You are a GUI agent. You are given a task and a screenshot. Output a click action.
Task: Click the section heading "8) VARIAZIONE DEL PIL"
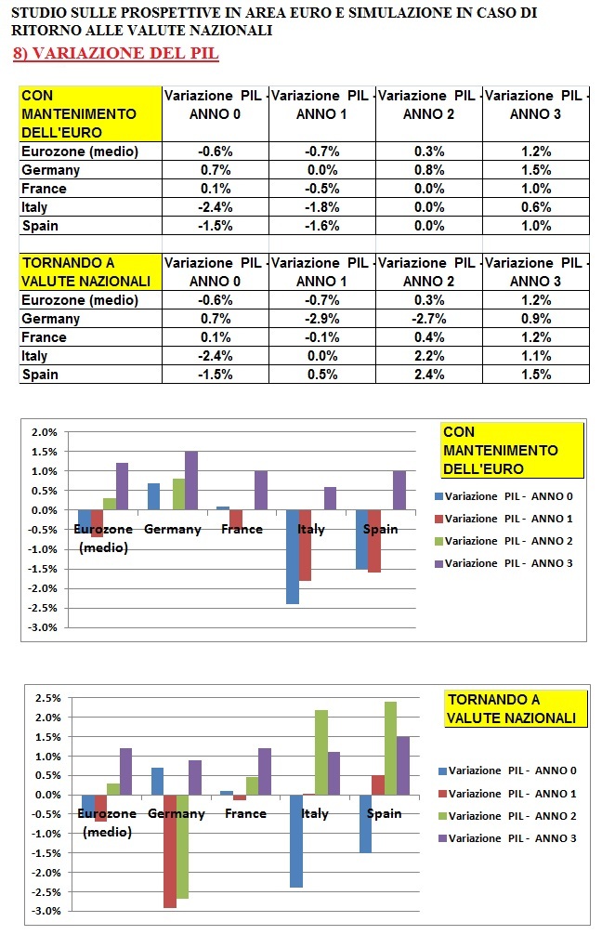coord(116,54)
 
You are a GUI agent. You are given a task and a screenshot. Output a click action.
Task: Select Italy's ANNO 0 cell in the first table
coord(216,207)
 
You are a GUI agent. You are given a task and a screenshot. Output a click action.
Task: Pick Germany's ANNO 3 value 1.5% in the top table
coord(536,170)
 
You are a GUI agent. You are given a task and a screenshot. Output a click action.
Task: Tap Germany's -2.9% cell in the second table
coord(322,319)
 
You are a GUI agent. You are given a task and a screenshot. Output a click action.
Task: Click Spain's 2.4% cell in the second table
coord(429,375)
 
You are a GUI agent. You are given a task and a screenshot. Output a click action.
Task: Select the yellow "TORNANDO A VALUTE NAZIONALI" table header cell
coord(90,272)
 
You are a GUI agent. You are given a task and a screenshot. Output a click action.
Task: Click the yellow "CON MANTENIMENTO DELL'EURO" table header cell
coord(90,114)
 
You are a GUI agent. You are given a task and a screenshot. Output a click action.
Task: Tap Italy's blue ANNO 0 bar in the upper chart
coord(292,557)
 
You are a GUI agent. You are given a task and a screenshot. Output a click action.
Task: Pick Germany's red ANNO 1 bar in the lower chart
coord(170,850)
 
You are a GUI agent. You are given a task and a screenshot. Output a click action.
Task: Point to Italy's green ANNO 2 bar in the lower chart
coord(321,752)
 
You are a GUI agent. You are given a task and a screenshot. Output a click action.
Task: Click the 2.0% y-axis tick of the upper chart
coord(46,432)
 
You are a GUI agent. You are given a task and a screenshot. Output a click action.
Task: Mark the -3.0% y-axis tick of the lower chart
coord(46,912)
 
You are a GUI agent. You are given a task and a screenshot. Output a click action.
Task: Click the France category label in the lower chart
coord(246,813)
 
